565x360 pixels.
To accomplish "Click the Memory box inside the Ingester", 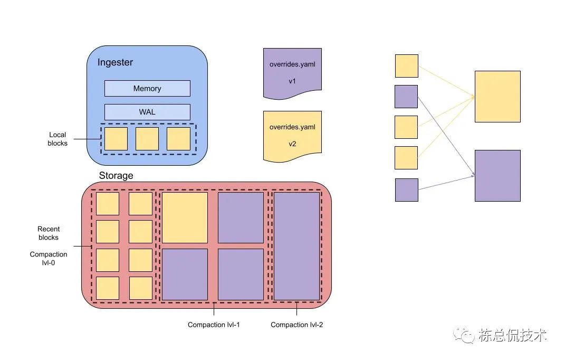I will coord(147,88).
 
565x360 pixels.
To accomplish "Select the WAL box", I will coord(147,112).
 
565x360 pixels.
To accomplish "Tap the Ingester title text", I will coord(115,62).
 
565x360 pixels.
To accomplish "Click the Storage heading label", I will coord(116,175).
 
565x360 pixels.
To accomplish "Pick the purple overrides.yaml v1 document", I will coord(292,73).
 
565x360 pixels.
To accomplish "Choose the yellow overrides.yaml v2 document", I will coord(292,135).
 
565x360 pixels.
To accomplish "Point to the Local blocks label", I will coord(58,139).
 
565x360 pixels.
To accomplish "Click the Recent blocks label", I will coord(49,233).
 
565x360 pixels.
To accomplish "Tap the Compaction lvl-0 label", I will coord(49,259).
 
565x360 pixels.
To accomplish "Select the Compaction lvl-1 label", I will coord(214,325).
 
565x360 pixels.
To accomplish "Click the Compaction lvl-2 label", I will coord(296,325).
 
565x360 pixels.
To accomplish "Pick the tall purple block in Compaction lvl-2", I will coord(296,246).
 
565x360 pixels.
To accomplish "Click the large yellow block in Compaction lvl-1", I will coord(185,217).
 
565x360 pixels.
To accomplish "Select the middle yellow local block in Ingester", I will coord(147,139).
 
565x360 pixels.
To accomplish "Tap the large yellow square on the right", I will coord(497,97).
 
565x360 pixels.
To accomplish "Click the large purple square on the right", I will coord(497,175).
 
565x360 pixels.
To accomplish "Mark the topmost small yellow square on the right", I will coord(406,66).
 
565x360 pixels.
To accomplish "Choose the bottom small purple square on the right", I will coord(406,190).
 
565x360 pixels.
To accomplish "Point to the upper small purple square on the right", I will coord(406,97).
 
